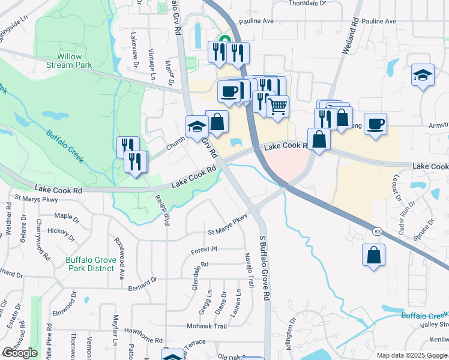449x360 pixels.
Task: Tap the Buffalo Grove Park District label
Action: tap(90, 264)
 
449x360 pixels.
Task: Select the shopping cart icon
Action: tap(277, 107)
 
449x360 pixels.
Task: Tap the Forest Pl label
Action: tap(203, 249)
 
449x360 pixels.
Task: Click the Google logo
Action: tap(20, 353)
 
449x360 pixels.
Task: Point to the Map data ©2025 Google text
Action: tap(411, 355)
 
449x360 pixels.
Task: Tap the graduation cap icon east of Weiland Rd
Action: tap(423, 76)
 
